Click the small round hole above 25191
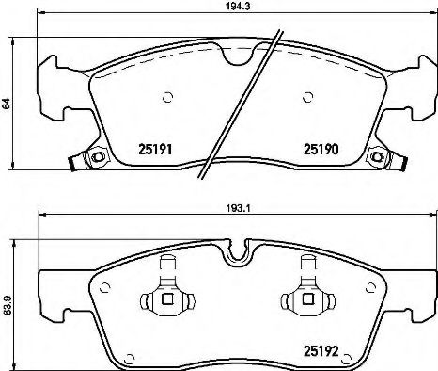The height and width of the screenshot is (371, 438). (166, 96)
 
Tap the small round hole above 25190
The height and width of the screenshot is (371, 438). (308, 96)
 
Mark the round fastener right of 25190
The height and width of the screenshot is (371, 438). (379, 158)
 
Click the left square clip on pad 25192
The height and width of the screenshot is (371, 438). (164, 300)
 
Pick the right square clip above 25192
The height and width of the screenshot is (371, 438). (305, 300)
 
